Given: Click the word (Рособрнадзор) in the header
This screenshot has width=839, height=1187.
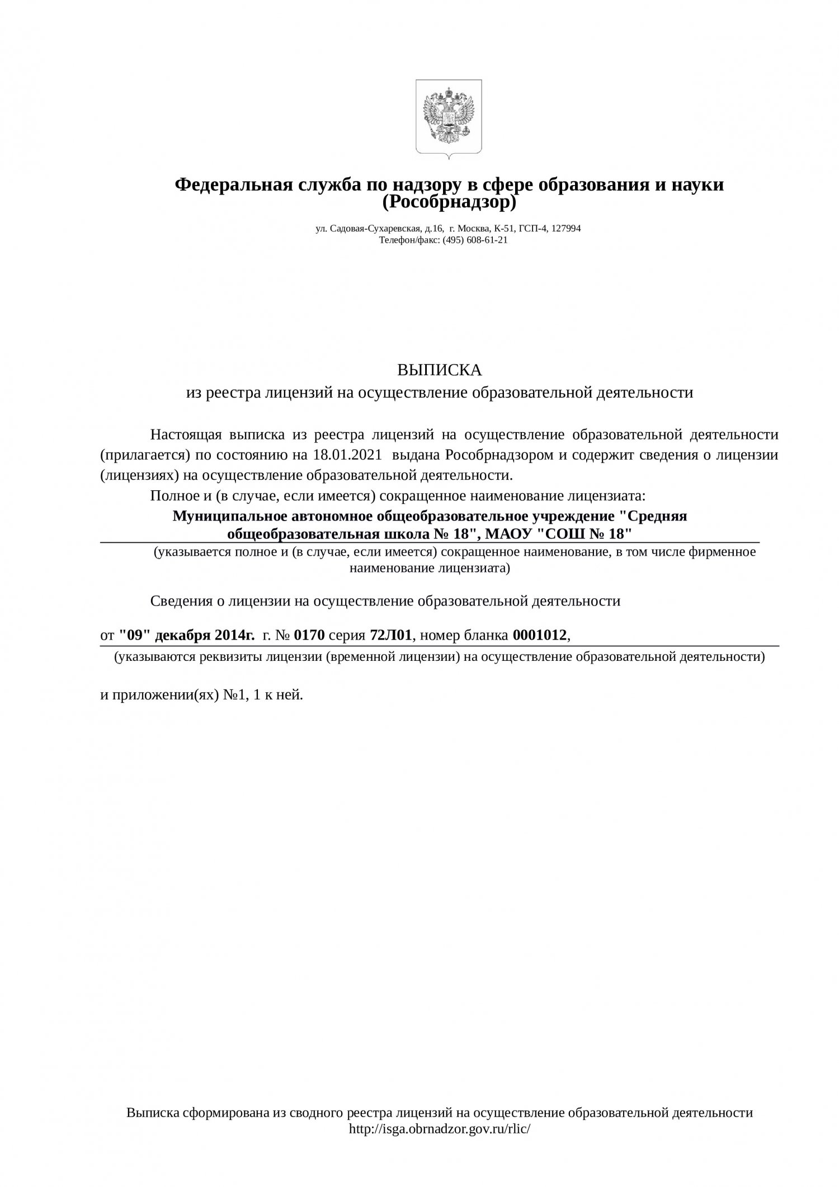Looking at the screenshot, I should coord(449,202).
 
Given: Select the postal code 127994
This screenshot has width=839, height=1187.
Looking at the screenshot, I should coord(566,228).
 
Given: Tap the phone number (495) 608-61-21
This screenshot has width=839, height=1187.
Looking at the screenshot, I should coord(475,240).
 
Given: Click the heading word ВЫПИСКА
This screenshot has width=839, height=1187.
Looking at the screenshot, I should coord(439,370).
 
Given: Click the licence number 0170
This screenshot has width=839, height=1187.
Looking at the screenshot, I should coord(309,635).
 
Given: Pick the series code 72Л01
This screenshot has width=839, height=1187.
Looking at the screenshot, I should coord(391,635).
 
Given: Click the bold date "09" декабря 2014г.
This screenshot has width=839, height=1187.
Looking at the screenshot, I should coord(187,635).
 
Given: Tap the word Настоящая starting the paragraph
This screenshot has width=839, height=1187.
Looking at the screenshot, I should coord(184,434).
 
